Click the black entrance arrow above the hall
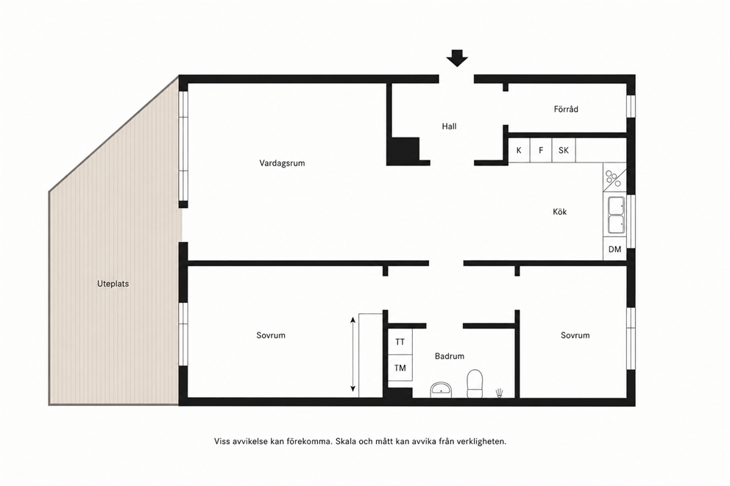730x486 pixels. coord(457,58)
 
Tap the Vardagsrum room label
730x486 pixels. coord(282,163)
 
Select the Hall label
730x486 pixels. coord(450,126)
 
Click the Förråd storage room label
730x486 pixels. coord(566,110)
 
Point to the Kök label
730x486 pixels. coord(559,212)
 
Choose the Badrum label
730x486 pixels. coord(450,357)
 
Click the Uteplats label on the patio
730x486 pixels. coord(113,284)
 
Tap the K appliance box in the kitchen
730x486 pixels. coord(519,150)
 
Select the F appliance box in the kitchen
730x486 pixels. coord(541,150)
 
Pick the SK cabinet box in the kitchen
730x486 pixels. coord(564,150)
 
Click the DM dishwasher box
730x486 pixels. coord(614,249)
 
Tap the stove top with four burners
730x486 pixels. coord(614,178)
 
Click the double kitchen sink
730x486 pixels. coord(616,215)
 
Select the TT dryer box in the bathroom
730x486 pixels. coord(400,342)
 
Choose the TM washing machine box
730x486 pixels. coord(400,368)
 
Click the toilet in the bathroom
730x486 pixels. coord(475,384)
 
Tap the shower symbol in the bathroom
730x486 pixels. coord(500,393)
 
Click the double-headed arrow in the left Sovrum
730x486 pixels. coord(353,354)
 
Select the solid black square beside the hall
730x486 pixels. coord(403,151)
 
